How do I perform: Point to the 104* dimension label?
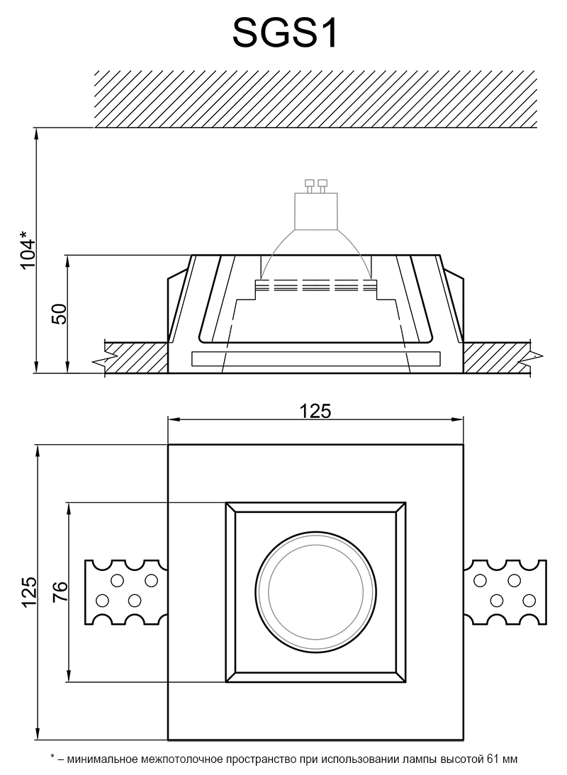click(27, 249)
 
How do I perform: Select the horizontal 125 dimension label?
click(315, 410)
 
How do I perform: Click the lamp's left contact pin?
click(309, 186)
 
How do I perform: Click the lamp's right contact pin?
click(323, 186)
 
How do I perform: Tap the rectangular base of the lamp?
click(315, 211)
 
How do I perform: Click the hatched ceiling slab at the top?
click(315, 98)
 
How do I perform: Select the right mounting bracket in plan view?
click(506, 592)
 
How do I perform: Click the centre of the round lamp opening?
click(315, 592)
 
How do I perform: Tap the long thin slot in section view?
click(315, 358)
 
